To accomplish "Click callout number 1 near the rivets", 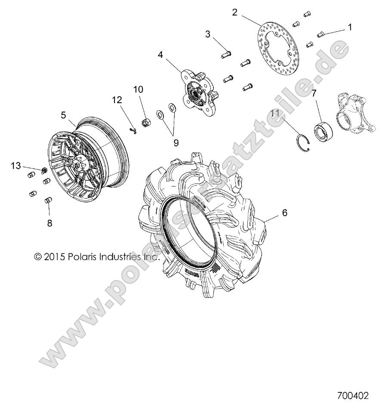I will [x=350, y=27].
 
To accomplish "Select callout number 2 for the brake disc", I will [x=234, y=12].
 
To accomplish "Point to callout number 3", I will [x=208, y=34].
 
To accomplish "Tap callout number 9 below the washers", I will [x=164, y=141].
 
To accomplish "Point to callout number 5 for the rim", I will [x=63, y=115].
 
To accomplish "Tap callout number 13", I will [x=16, y=165].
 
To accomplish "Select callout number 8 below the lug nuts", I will [x=49, y=223].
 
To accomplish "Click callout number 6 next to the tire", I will [x=284, y=212].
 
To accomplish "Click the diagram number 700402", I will [x=352, y=395].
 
